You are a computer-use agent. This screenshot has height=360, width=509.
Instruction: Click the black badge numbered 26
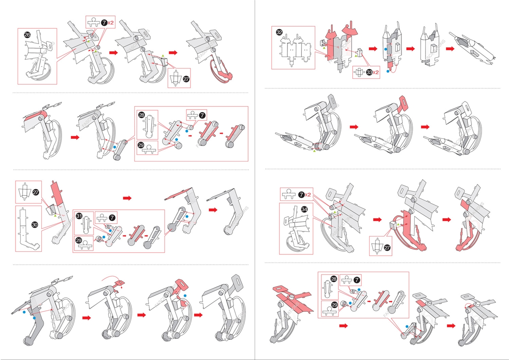coord(27,35)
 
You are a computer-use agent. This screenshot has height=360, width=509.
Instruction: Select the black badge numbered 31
coord(80,216)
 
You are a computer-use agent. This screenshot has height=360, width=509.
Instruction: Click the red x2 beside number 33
coord(376,72)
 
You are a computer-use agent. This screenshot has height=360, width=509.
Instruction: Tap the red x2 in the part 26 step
coord(111,23)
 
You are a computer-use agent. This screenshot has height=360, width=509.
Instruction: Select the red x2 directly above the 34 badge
coord(307,195)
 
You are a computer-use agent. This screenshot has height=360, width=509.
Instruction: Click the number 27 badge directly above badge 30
coord(36,192)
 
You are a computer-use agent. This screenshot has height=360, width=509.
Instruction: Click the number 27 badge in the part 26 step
coord(186,79)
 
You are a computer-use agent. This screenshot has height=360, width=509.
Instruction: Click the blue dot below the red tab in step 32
coord(382,71)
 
